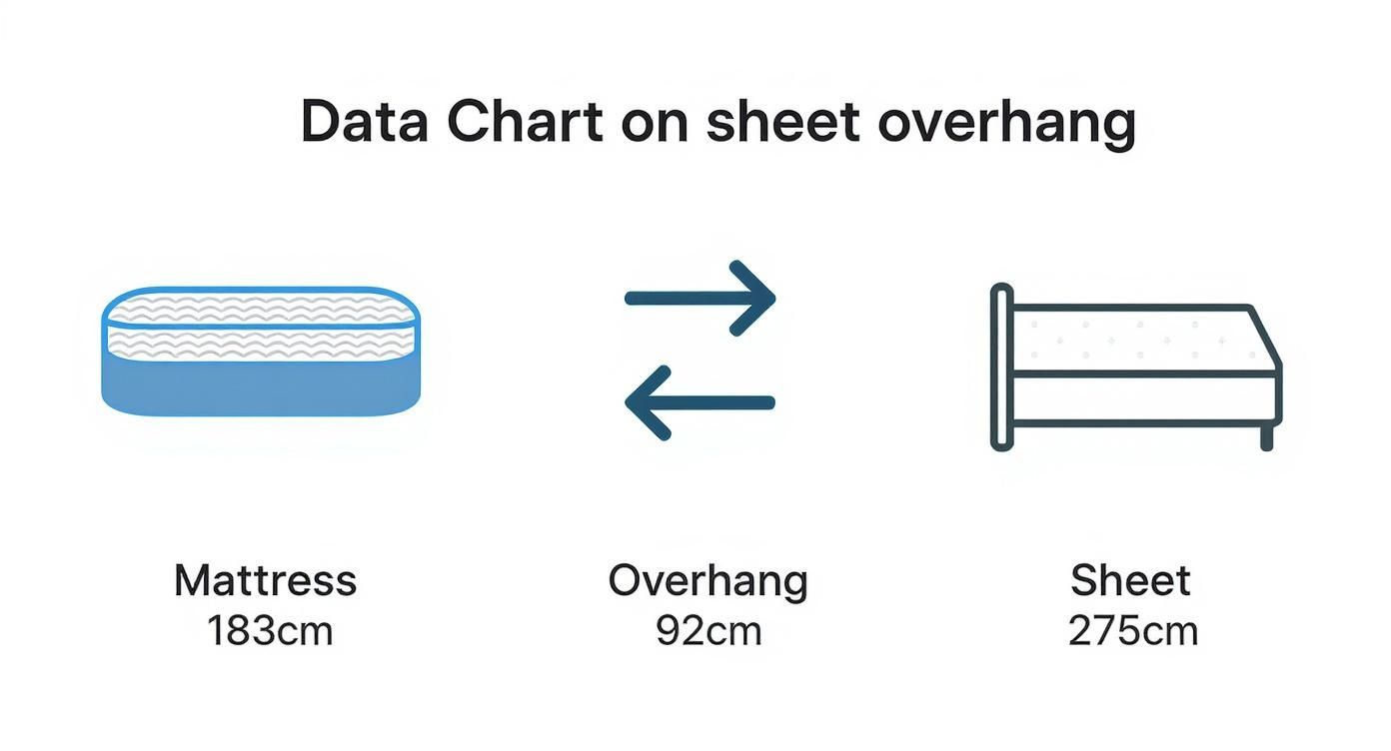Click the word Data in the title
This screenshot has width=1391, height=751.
coord(365,123)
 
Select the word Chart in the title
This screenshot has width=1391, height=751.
coord(525,123)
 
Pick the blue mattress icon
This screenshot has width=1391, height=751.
coord(261,352)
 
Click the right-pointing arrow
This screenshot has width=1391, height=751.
coord(700,298)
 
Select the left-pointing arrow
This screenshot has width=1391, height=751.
coord(700,402)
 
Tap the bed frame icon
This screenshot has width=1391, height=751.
coord(1136,367)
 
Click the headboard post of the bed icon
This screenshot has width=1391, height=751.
coord(1002,367)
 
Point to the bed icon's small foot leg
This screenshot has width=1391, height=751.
coord(1267,435)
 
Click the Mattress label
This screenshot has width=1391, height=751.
coord(265,580)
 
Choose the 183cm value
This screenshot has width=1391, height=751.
coord(270,631)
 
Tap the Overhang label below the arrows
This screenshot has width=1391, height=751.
coord(707,581)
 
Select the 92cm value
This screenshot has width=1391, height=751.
coord(708,631)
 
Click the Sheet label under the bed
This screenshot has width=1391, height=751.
coord(1130,580)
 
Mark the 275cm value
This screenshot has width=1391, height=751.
coord(1132,631)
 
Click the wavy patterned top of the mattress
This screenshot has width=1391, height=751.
coord(261,326)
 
